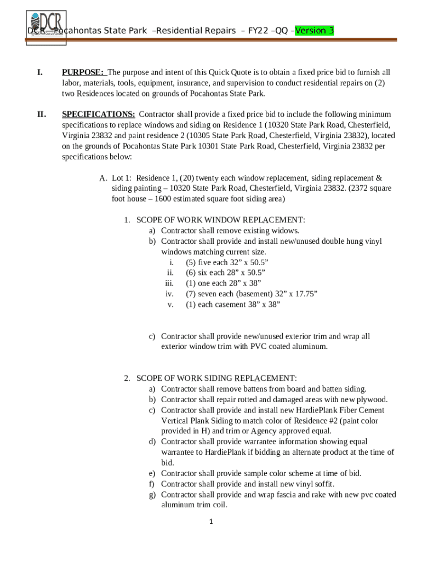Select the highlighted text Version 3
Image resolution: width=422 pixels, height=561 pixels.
(x=314, y=31)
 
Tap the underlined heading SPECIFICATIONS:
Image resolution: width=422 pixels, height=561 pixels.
(x=99, y=115)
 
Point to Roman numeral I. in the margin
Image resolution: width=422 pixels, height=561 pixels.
(x=40, y=72)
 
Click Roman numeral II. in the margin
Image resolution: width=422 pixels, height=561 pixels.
(x=41, y=115)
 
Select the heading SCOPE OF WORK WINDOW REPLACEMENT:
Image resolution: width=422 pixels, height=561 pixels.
(x=220, y=220)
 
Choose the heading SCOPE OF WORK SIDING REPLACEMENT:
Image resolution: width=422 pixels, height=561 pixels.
(x=216, y=379)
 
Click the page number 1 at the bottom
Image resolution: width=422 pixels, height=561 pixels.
(x=211, y=522)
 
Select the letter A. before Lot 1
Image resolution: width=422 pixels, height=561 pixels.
(x=103, y=178)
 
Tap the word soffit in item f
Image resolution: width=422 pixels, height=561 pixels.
(x=322, y=484)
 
